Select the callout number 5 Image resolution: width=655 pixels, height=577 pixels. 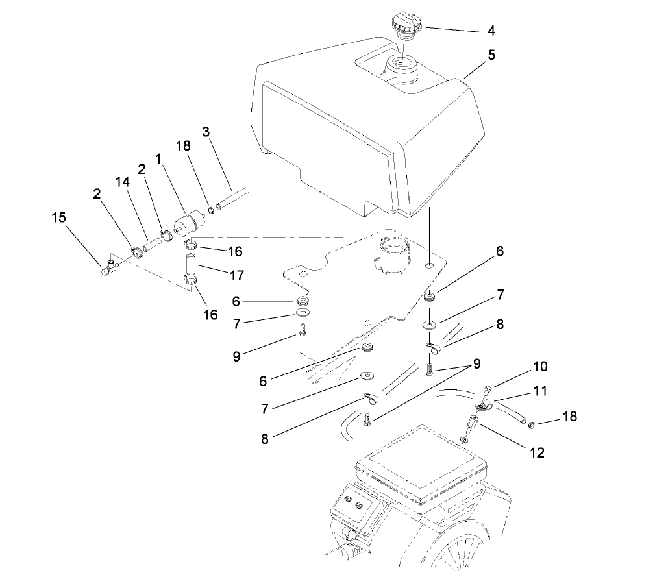[491, 55]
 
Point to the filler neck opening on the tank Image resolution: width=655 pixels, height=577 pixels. [402, 67]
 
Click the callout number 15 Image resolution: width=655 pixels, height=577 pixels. [58, 217]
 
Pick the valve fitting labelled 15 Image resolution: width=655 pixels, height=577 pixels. [108, 267]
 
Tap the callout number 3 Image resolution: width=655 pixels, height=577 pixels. [206, 132]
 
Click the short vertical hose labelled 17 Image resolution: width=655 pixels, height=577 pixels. [190, 265]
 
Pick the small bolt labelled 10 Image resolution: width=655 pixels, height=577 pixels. [488, 390]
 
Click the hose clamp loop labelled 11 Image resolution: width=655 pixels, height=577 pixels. [482, 406]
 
